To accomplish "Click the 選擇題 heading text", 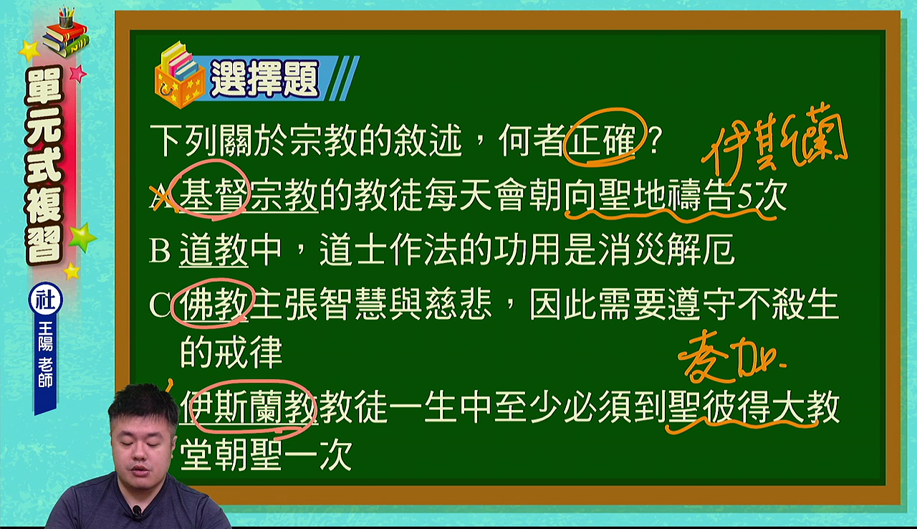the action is (265, 79).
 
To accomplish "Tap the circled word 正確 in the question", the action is (602, 140).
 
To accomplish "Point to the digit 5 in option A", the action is (744, 196).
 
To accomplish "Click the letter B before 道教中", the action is (160, 249).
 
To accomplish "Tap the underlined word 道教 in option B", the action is (213, 249).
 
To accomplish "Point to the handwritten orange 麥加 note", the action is (731, 360).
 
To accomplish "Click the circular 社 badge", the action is (45, 300).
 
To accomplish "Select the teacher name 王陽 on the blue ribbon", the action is (45, 336).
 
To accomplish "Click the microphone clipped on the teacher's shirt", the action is (137, 512).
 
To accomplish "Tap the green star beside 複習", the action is (82, 237).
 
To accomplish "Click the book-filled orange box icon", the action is (179, 75).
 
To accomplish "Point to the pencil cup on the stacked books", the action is (66, 16).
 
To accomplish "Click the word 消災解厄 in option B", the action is (666, 249).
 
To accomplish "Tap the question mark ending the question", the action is (654, 140).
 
